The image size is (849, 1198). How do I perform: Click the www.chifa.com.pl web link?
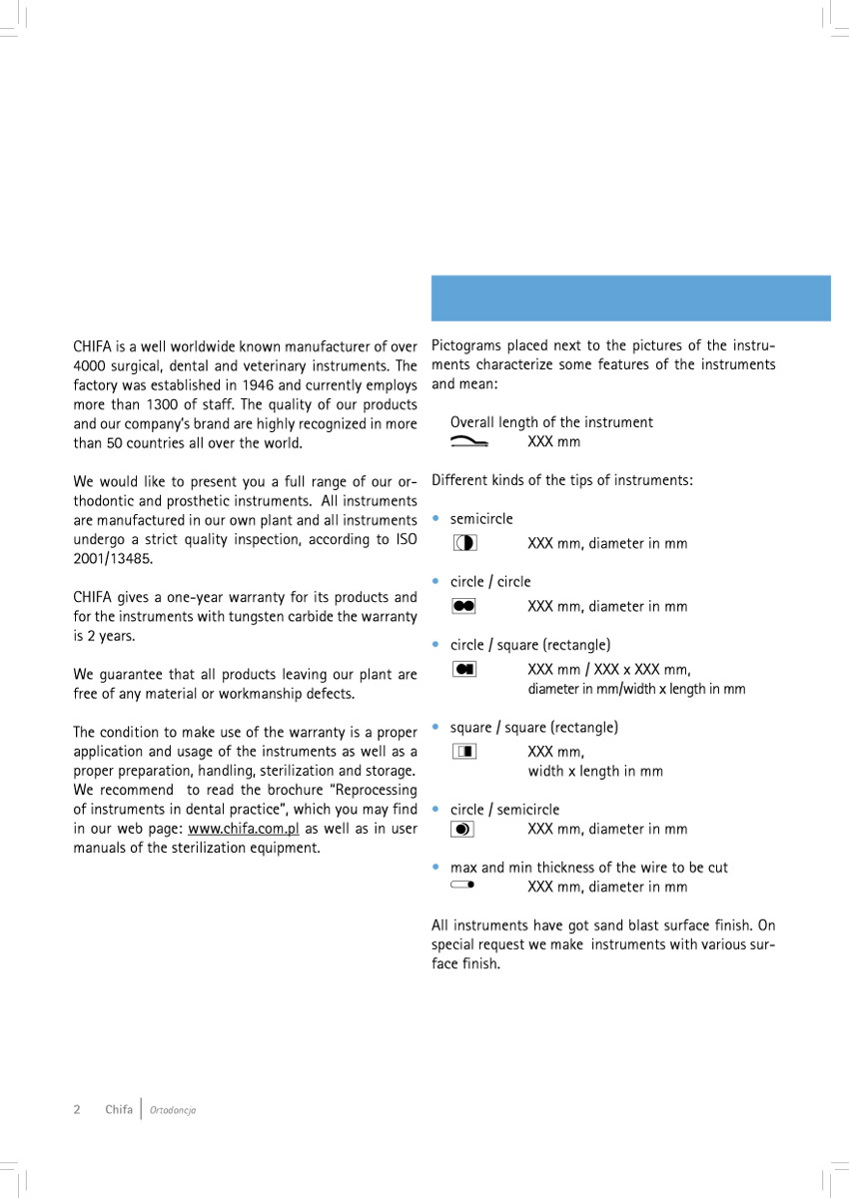pos(244,829)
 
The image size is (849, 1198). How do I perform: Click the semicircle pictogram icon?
pos(463,543)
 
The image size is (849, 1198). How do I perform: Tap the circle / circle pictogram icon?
pos(463,606)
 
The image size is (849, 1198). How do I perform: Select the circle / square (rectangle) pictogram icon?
pos(463,669)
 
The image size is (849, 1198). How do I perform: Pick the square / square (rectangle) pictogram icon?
pos(463,751)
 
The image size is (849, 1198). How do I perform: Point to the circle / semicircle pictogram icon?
pos(462,829)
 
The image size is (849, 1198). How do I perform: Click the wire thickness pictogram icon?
pos(462,886)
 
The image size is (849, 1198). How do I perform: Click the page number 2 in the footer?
pos(77,1110)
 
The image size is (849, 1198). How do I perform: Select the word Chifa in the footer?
pos(119,1110)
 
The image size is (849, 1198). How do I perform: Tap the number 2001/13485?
pos(113,559)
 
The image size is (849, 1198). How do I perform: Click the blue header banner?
pos(630,298)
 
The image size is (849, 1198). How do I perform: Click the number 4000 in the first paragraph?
pos(92,366)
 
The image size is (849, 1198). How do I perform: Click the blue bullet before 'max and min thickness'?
pos(435,868)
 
